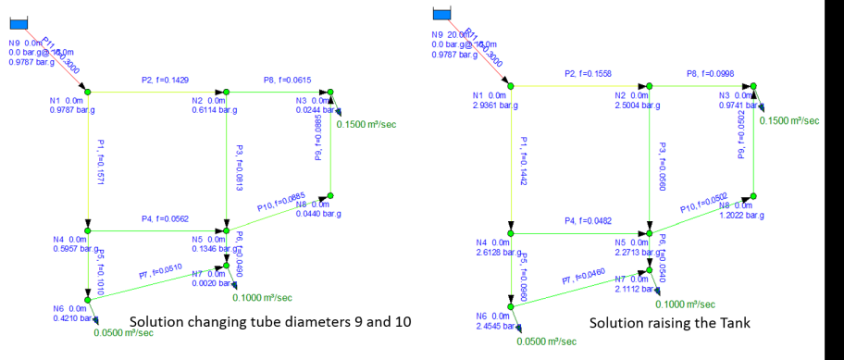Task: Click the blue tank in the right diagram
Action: pyautogui.click(x=442, y=12)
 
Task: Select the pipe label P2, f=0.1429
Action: pyautogui.click(x=162, y=81)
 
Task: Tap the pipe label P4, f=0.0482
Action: pyautogui.click(x=590, y=222)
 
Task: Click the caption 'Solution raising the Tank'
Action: pyautogui.click(x=668, y=322)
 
